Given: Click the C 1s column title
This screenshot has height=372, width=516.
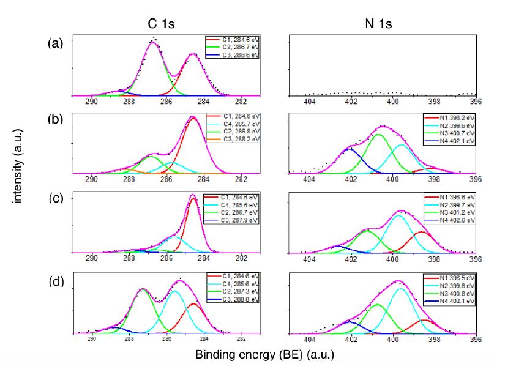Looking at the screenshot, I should click(x=166, y=24).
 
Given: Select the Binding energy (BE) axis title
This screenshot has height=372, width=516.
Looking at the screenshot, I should click(x=265, y=354).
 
